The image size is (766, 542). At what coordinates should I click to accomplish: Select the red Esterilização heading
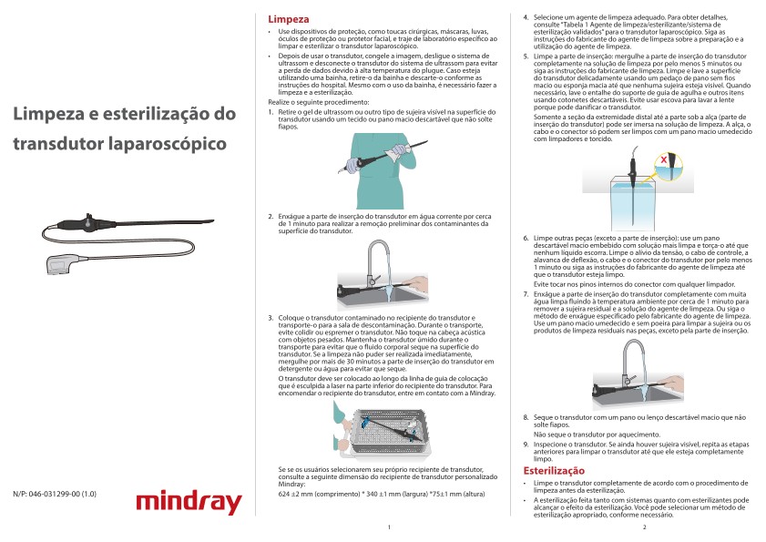(x=553, y=470)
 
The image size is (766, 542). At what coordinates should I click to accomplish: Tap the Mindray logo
(x=188, y=502)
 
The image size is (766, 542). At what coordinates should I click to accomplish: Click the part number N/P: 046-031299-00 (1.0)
(x=55, y=495)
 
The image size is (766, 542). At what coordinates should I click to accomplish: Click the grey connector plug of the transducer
(x=58, y=265)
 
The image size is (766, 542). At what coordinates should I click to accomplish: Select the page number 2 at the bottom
(x=643, y=527)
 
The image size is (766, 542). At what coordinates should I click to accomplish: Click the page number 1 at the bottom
(x=388, y=527)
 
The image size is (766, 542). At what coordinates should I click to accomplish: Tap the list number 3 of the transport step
(x=270, y=318)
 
